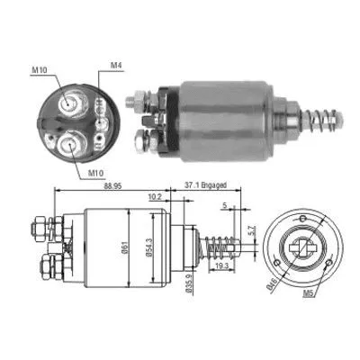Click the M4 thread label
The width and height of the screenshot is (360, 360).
[x=116, y=65]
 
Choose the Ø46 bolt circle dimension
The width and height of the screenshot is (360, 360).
[x=271, y=289]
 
